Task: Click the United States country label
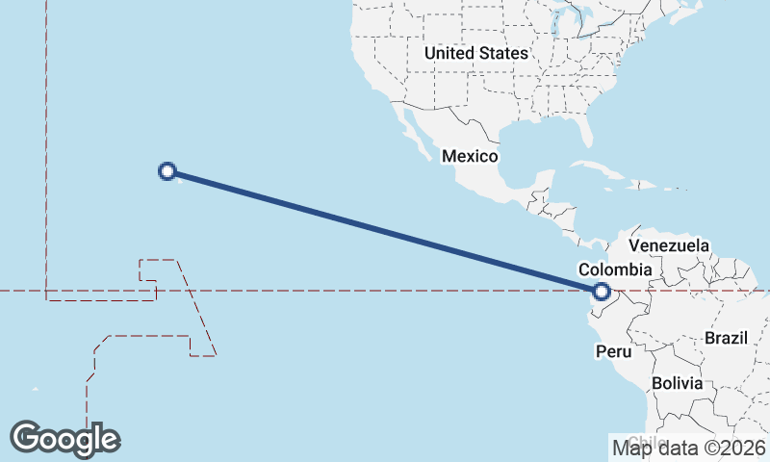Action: [x=475, y=54]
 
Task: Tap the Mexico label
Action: [x=470, y=156]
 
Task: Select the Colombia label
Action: [x=615, y=270]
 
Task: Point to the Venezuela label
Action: [x=668, y=245]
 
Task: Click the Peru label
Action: [x=612, y=351]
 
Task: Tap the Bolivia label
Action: [x=677, y=383]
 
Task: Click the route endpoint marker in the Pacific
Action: [x=167, y=171]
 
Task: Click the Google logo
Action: [x=64, y=439]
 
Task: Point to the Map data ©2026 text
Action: [x=689, y=447]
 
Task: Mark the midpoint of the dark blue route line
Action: [x=385, y=231]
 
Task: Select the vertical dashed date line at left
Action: [x=46, y=144]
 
